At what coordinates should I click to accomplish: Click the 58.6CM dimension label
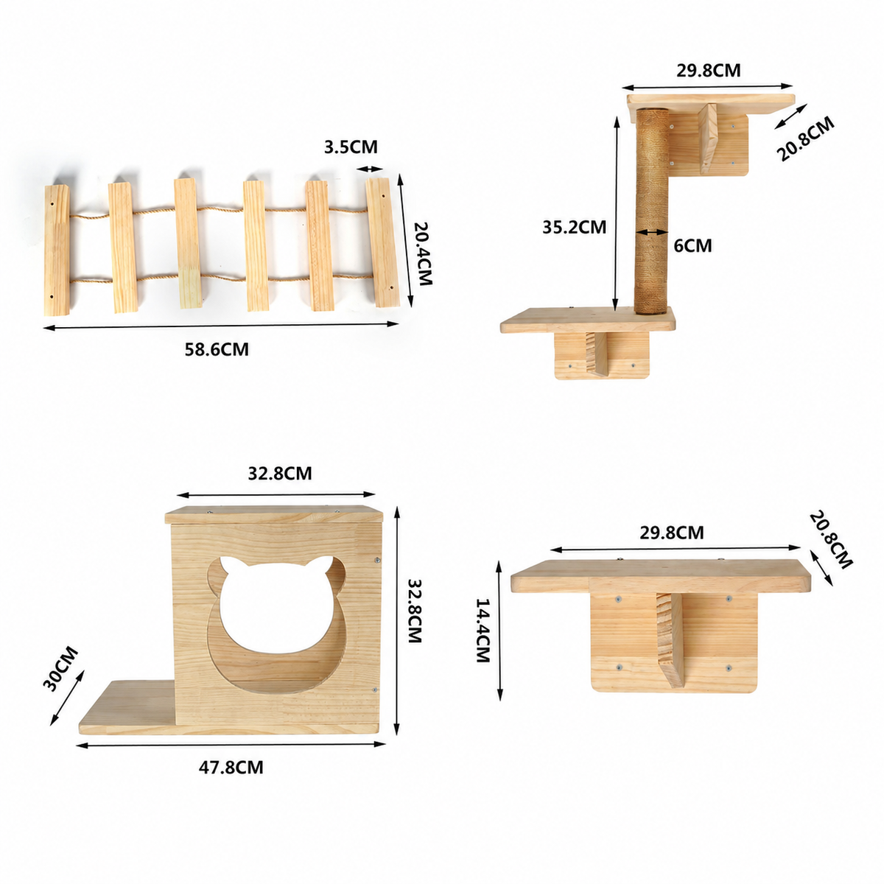point(217,350)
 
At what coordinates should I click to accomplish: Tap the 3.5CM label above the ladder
point(351,147)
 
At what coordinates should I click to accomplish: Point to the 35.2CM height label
point(575,227)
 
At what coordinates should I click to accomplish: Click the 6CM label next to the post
point(692,245)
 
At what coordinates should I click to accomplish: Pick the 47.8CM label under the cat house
point(231,767)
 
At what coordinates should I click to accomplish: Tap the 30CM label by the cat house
point(60,668)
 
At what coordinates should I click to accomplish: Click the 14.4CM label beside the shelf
point(483,629)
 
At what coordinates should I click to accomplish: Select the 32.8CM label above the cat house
point(280,473)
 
